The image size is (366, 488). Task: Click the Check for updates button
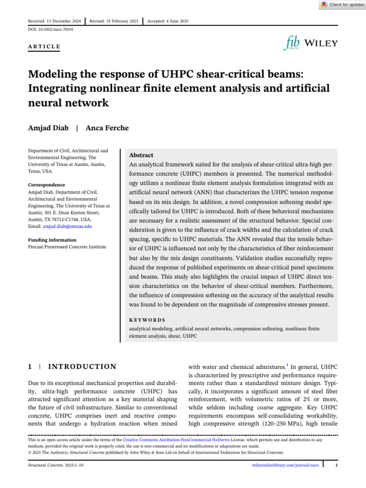[342, 5]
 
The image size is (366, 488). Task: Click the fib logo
[291, 44]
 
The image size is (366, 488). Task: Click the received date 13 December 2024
[54, 21]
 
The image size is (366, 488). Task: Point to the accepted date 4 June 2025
[168, 21]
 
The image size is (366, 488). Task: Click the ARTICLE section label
[44, 47]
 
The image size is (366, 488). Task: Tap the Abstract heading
[142, 155]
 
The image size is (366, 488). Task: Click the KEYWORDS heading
[147, 320]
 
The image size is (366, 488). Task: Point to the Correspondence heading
[46, 185]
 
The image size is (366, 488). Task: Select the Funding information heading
[52, 240]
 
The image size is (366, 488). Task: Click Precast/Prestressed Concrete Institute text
[67, 247]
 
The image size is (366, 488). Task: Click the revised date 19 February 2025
[114, 21]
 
